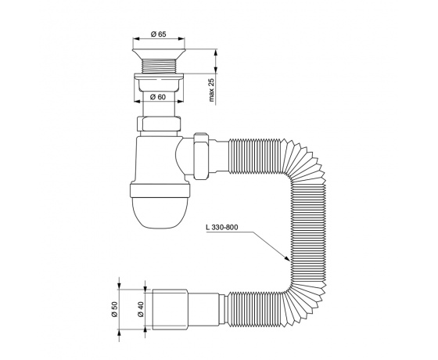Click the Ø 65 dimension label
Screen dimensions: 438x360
158,34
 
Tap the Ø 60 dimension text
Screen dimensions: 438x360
158,97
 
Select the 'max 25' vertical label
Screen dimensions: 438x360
211,90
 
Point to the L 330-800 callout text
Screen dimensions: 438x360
222,227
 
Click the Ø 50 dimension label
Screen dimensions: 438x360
114,309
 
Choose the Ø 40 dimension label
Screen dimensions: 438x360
140,309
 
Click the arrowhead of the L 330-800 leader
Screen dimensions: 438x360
288,259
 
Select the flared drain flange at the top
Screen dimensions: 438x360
159,53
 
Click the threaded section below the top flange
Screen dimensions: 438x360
159,67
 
